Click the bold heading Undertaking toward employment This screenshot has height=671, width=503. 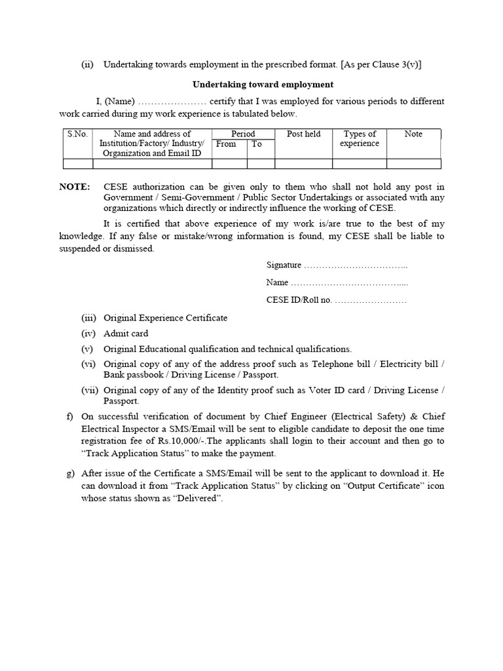tap(263, 85)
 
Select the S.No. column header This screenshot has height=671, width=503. tap(77, 134)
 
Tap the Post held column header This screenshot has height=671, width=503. tap(304, 134)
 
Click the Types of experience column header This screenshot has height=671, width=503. tap(360, 138)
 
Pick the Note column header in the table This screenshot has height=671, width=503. tap(413, 134)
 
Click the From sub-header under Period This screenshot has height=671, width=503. tap(226, 144)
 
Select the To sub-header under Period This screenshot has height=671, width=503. tap(257, 144)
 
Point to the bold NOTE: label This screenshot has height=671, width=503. tap(75, 187)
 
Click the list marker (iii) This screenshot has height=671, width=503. tap(88, 318)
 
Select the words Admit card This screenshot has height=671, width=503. tap(126, 334)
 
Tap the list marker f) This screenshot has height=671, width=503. tap(70, 416)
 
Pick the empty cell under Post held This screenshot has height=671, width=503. tap(304, 164)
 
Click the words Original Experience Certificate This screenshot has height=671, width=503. tap(166, 318)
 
